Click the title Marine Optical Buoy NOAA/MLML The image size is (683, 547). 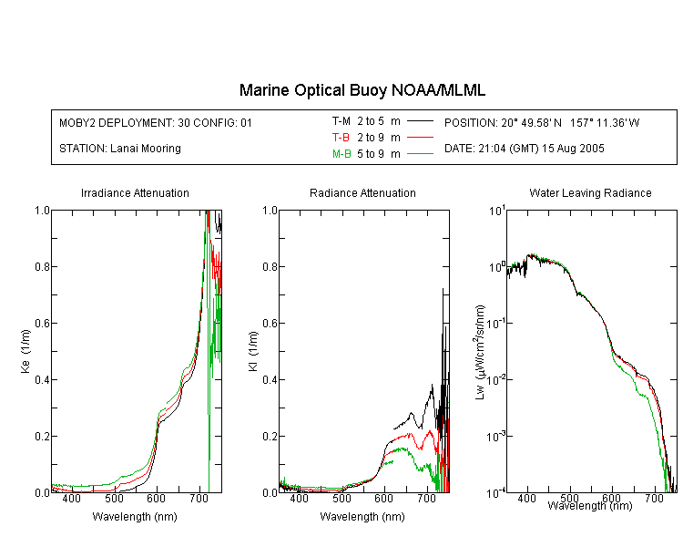(362, 90)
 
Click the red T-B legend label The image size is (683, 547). (341, 138)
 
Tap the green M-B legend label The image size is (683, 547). (341, 153)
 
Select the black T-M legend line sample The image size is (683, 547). (420, 121)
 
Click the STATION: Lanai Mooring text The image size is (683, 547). (120, 149)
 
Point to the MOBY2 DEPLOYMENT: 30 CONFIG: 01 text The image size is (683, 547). (156, 123)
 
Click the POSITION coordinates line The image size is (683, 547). (542, 122)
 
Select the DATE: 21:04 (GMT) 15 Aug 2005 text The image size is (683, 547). (524, 149)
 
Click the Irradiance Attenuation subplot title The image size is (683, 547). (135, 192)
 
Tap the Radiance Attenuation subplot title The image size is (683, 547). (362, 192)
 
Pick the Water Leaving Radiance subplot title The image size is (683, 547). (590, 192)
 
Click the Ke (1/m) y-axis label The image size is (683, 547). (25, 352)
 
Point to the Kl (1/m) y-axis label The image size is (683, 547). (253, 352)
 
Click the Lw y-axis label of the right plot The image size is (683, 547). (479, 352)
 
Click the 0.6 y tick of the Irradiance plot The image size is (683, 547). (42, 324)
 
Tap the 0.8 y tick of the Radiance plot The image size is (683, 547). (270, 266)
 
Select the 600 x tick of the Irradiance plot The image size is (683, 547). (157, 499)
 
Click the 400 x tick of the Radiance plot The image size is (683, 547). (300, 499)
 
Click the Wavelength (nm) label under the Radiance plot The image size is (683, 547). (362, 517)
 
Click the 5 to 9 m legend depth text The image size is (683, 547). (379, 153)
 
